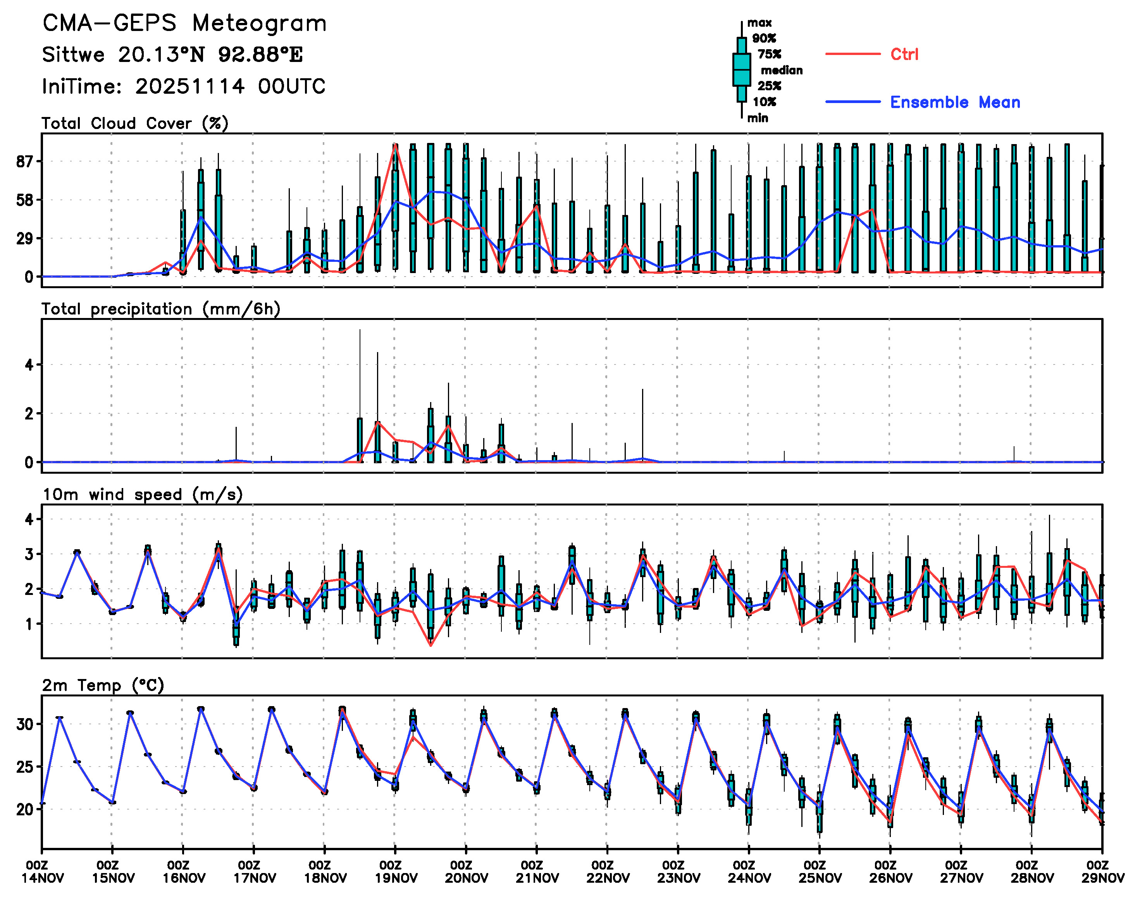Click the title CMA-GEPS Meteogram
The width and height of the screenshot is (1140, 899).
[184, 24]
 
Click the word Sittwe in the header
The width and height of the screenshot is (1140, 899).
[73, 55]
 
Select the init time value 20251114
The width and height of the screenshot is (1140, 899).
[189, 86]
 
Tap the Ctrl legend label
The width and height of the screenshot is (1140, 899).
[904, 54]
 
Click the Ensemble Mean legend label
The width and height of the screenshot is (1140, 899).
[955, 102]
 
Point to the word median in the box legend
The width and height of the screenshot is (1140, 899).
[782, 70]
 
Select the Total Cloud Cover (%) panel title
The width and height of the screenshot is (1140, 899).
[135, 123]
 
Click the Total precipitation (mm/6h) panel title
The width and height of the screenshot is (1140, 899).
[160, 309]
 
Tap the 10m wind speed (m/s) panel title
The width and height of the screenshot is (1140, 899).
[142, 494]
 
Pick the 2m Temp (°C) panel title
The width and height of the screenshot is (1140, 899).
[103, 685]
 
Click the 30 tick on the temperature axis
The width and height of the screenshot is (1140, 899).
[25, 724]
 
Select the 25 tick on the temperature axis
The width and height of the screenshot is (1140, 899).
[25, 767]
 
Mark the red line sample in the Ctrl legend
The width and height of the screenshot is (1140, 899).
[852, 54]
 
